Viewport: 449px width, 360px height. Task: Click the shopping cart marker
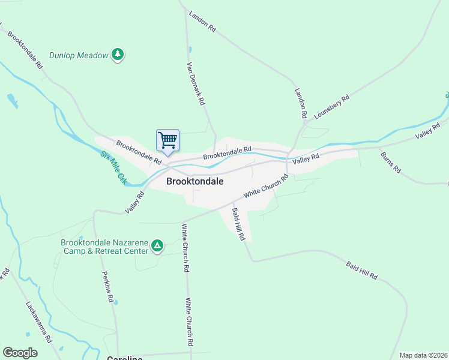(x=167, y=140)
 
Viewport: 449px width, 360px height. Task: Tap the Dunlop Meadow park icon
(x=118, y=55)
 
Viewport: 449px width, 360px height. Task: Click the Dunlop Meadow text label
(x=78, y=55)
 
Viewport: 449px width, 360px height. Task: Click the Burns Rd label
(x=390, y=162)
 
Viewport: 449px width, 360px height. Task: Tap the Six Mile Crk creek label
(x=114, y=167)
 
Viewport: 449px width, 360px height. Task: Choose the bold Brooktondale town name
(x=195, y=181)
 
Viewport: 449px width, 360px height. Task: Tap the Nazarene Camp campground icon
(x=157, y=245)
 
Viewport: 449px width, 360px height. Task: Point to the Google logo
(x=20, y=353)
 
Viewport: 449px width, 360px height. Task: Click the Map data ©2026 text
(x=423, y=355)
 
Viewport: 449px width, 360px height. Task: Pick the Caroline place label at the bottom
(x=125, y=358)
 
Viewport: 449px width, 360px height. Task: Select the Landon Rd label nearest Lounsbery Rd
(x=301, y=103)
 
